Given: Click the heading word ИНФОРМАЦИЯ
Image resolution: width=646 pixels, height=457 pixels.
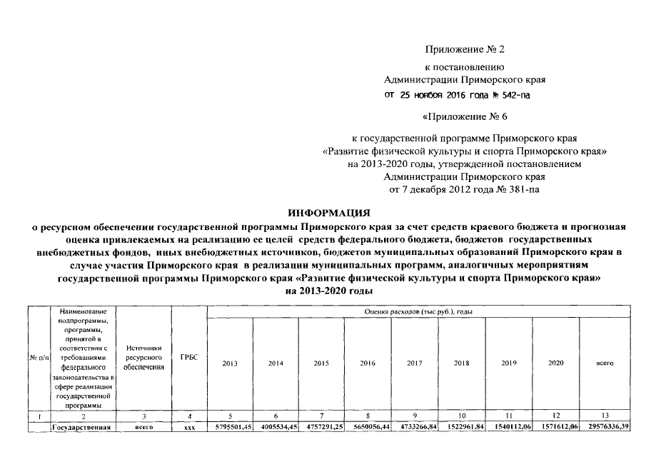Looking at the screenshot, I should tap(329, 213).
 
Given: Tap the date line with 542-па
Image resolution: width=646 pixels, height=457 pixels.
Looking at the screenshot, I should tap(458, 94).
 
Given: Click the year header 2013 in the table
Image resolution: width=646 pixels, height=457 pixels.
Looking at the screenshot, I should tap(230, 363).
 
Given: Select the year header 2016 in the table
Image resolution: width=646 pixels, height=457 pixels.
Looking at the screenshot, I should tap(368, 363).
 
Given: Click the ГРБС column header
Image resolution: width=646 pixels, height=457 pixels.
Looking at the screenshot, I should tap(189, 356).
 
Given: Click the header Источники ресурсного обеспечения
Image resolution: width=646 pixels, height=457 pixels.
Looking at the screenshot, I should tap(145, 356).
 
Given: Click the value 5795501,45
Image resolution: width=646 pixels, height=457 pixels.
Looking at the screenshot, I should tap(230, 426).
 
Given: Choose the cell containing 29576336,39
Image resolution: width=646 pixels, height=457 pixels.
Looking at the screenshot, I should tap(605, 426).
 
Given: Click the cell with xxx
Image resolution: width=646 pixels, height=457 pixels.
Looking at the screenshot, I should tap(189, 426).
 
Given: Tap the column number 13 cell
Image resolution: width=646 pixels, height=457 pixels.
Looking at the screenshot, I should tap(605, 415).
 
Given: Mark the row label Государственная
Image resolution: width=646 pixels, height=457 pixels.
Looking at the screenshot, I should tap(82, 426).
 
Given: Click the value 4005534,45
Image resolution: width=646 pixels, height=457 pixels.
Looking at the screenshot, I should tap(276, 426).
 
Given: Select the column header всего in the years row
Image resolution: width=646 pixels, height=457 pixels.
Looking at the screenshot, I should tap(605, 363).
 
